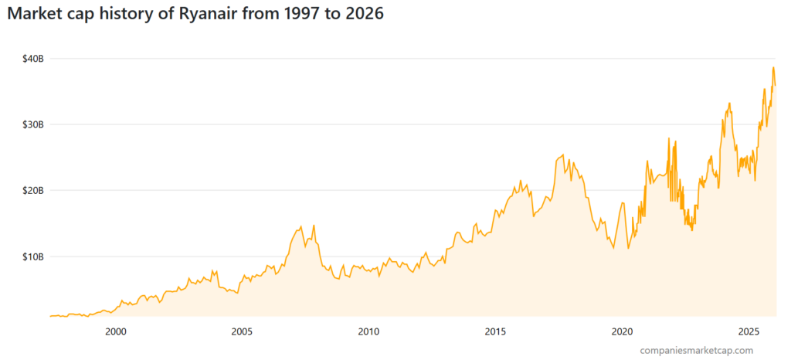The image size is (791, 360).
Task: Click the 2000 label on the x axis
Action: pos(115,332)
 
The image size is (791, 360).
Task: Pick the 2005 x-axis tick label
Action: pos(242,332)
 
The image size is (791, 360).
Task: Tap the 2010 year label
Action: pos(368,332)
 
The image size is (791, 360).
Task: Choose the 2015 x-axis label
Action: pos(495,332)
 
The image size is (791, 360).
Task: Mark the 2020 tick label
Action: pos(622,332)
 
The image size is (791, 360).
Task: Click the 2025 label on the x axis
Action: pos(749,332)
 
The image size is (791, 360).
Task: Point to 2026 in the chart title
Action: pos(362,15)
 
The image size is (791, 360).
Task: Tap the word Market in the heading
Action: pos(35,15)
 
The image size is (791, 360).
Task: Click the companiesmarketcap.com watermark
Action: pos(696,351)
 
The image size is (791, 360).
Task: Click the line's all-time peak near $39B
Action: pos(772,67)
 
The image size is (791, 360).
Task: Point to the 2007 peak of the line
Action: pos(300,226)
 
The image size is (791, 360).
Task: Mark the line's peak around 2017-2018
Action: pos(563,155)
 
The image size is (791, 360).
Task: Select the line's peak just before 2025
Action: pos(729,103)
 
